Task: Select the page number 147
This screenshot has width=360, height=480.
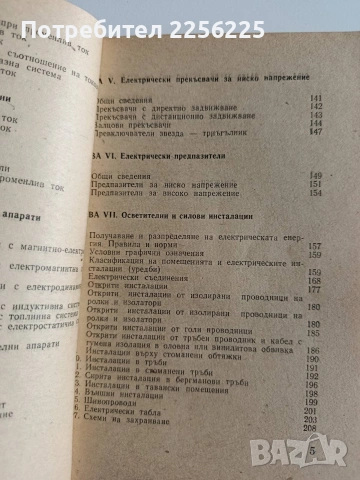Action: (x=318, y=131)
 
